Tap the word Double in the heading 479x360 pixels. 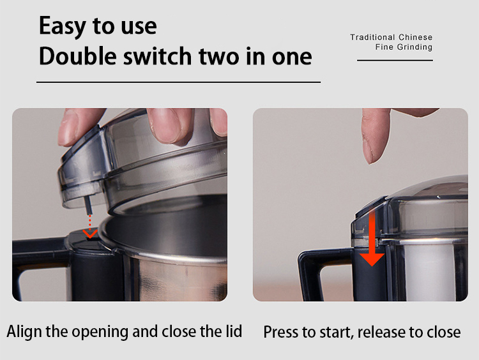point(78,56)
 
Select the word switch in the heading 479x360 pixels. point(157,56)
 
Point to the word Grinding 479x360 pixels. point(414,47)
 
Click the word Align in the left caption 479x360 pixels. point(24,332)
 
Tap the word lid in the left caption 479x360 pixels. point(234,331)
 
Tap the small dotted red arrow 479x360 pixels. point(90,227)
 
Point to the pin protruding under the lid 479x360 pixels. point(88,205)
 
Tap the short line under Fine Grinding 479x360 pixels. point(395,61)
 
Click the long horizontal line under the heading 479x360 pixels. point(178,82)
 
